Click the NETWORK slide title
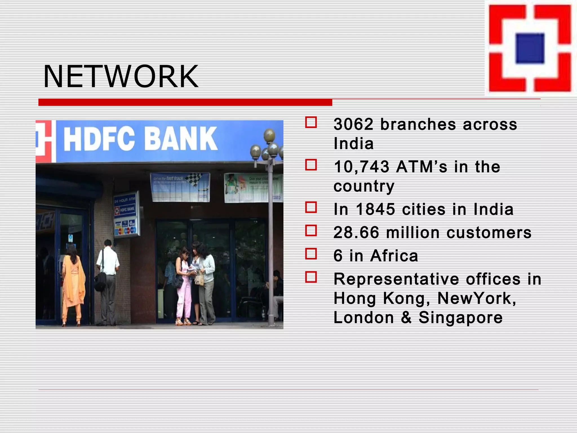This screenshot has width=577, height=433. pos(121,76)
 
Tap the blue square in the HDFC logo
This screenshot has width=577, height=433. pos(530,48)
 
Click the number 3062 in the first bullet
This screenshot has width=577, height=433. pos(354,124)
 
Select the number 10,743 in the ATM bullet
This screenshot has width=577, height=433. pos(361,167)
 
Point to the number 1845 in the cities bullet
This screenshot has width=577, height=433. pos(376,209)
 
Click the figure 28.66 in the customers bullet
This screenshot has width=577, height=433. pos(356,233)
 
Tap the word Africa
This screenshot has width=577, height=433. pos(394,256)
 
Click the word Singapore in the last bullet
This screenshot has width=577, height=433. pos(460,317)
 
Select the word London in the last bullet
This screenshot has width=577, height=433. pos(364,317)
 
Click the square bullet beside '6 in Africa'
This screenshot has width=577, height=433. pos(311,254)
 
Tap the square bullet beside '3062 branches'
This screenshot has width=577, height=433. pos(311,123)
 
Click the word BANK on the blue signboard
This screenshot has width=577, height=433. pos(181,138)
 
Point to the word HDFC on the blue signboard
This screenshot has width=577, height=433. pos(99,139)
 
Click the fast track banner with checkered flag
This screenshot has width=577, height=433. pos(180,187)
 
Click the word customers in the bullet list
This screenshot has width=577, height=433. pos(489,233)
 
